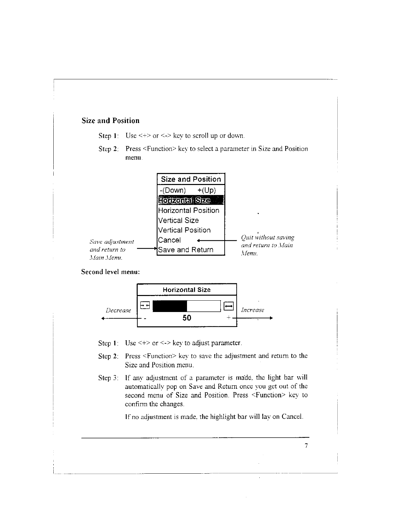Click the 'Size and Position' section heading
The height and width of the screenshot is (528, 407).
[x=110, y=121]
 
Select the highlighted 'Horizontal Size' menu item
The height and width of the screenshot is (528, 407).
[x=184, y=200]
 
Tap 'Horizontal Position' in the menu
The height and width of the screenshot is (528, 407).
[x=189, y=210]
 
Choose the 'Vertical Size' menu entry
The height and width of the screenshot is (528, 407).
[x=178, y=220]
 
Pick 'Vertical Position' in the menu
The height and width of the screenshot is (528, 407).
[x=184, y=230]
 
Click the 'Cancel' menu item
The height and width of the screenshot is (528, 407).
[x=169, y=240]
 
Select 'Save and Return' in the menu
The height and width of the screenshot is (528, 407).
[x=186, y=250]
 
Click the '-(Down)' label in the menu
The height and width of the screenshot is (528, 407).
[x=173, y=190]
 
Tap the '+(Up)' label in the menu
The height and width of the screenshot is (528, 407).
[x=207, y=190]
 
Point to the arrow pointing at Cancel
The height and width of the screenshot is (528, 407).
[x=213, y=240]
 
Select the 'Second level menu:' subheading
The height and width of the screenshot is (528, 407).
[x=110, y=272]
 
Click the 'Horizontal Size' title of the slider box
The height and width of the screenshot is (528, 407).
[x=187, y=290]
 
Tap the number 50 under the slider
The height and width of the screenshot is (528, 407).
[x=187, y=318]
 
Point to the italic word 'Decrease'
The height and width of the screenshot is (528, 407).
[x=118, y=310]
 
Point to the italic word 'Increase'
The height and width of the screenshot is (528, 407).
[x=253, y=310]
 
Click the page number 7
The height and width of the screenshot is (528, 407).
[x=306, y=446]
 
